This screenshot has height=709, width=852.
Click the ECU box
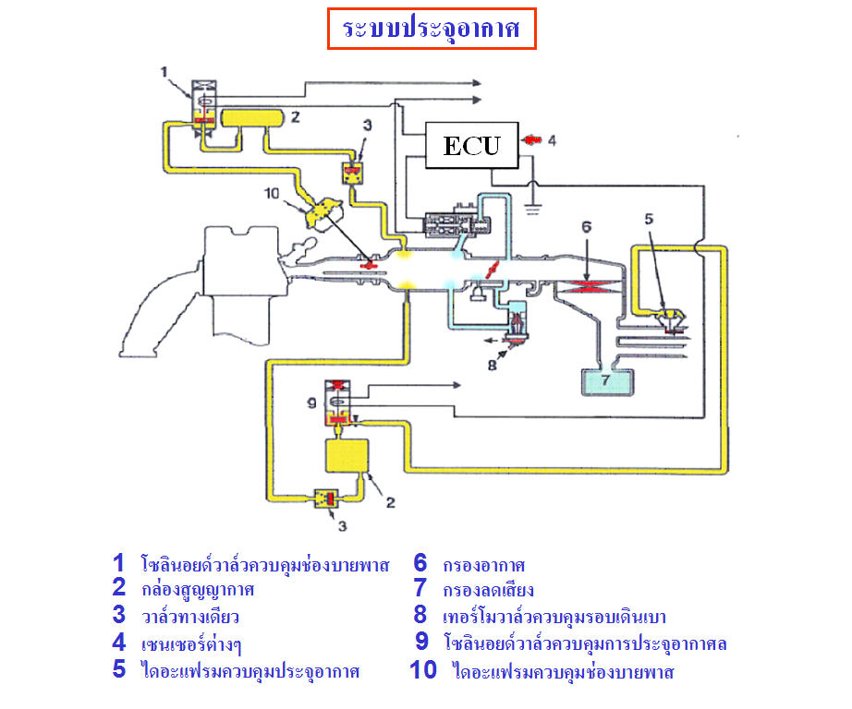[x=470, y=146]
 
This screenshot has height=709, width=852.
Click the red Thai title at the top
[x=432, y=30]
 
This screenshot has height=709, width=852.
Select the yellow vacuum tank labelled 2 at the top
[x=252, y=119]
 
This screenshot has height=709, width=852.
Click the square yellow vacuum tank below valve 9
[x=347, y=459]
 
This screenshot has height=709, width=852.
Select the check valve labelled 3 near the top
[x=351, y=172]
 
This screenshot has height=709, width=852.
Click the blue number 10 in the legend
[x=422, y=670]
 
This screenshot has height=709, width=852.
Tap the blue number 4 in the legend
[x=118, y=643]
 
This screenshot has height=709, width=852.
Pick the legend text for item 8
[x=554, y=617]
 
